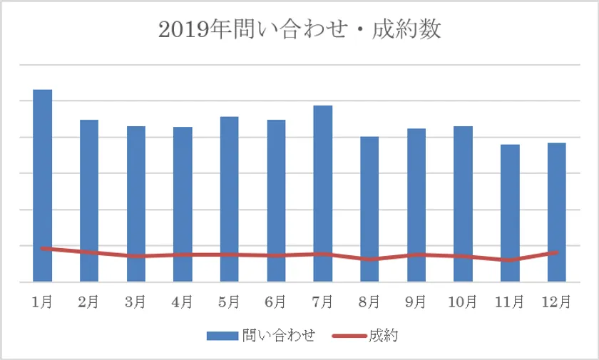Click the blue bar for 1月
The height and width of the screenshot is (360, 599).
[43, 171]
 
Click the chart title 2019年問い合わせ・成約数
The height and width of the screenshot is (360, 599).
[299, 30]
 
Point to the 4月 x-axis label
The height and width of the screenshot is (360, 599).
[183, 302]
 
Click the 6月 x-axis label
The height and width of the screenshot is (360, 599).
[276, 302]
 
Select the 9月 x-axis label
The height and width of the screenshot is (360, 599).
[416, 302]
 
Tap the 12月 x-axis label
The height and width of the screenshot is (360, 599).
[556, 302]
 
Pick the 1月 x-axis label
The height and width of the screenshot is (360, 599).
[43, 302]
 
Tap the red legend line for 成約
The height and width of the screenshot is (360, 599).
[352, 335]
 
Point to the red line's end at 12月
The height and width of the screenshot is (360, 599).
[556, 252]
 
